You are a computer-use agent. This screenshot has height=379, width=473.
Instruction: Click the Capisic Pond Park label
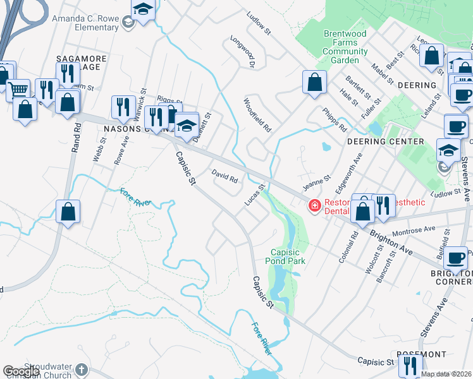point(288,256)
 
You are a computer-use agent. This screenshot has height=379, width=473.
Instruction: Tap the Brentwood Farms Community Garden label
point(345,47)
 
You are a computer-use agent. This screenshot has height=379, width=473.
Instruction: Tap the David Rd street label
point(224,176)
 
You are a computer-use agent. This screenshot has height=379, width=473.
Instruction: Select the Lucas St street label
point(253,195)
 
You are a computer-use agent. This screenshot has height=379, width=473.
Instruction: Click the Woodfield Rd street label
point(258,114)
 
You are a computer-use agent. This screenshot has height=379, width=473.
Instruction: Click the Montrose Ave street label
point(414,230)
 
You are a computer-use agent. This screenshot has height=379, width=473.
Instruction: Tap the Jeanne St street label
point(317,183)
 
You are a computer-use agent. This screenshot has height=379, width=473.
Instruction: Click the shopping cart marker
point(18,90)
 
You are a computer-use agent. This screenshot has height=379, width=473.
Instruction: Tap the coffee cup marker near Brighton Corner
point(456,258)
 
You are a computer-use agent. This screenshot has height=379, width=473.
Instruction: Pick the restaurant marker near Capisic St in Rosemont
point(410,366)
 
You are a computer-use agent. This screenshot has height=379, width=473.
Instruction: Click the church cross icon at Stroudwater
point(81,369)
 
